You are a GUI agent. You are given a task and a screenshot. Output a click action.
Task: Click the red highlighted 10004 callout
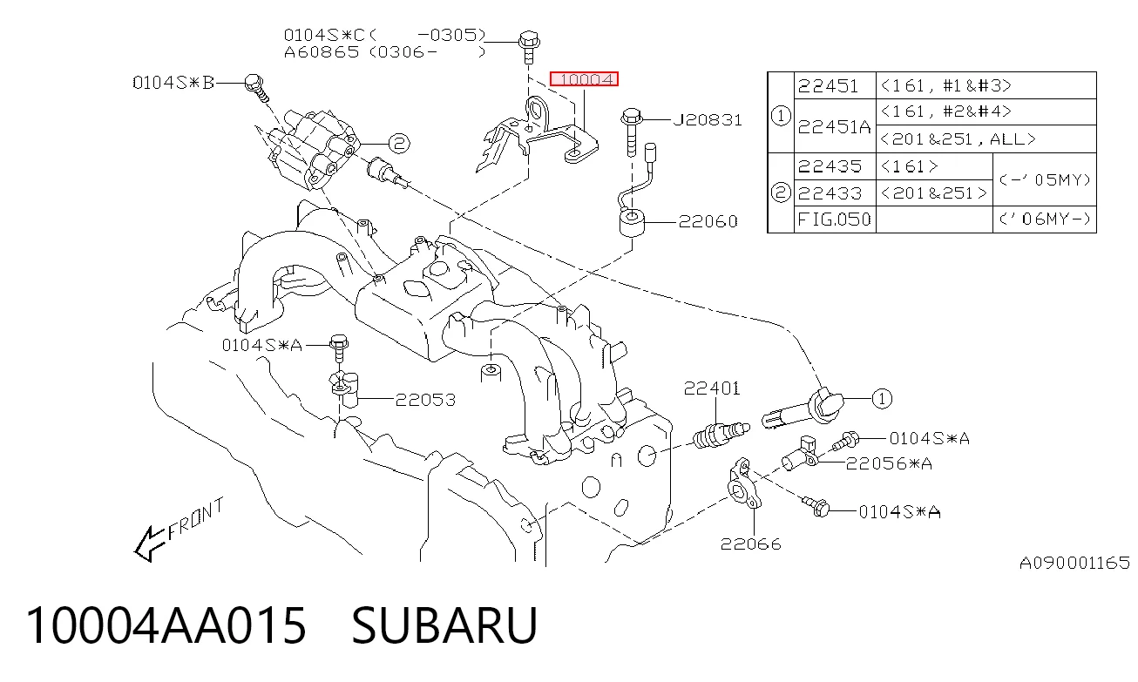584,79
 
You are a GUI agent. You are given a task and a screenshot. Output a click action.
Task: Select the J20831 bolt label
708,120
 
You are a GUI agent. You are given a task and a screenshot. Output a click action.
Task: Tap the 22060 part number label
708,221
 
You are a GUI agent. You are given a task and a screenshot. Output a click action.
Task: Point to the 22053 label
425,400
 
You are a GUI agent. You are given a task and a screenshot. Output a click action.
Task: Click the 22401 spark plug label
712,388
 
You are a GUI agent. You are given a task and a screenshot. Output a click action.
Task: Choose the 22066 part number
750,544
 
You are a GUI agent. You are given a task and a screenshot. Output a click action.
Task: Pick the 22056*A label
889,463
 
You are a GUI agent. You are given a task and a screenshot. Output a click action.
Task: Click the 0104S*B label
173,83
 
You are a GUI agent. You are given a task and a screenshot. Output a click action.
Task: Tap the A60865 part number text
322,51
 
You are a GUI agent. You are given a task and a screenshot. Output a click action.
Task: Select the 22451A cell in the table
834,126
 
